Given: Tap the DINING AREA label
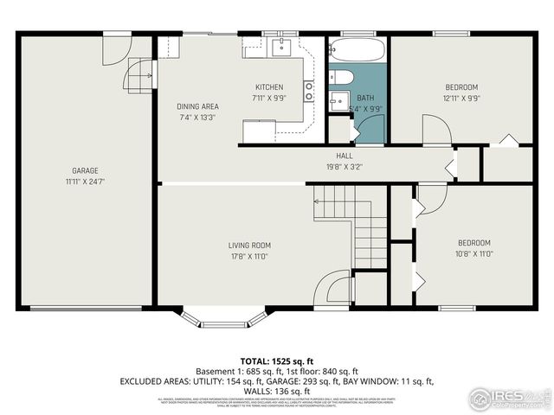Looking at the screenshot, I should point(196,106).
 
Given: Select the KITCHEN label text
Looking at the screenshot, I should point(268,87).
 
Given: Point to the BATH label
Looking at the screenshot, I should point(365,98).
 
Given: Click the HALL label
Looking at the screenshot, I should point(344,156).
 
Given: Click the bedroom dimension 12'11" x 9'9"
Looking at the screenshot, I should point(461,98).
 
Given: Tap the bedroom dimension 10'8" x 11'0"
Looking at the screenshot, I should point(473,253).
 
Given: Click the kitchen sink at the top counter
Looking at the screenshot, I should point(281,47).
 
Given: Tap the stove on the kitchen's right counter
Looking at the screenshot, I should point(308,91).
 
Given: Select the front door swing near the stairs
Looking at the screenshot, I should point(333,288).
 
